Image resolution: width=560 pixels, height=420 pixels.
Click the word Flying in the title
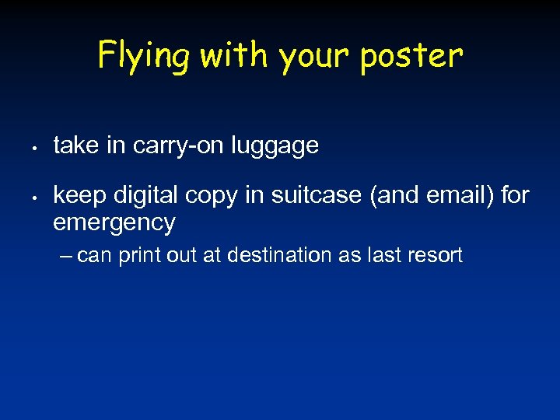[x=144, y=57]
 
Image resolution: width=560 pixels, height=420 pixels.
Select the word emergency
[x=114, y=223]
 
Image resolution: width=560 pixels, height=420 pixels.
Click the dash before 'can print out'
[x=66, y=255]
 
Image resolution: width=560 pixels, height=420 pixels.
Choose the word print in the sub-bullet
[x=139, y=255]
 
